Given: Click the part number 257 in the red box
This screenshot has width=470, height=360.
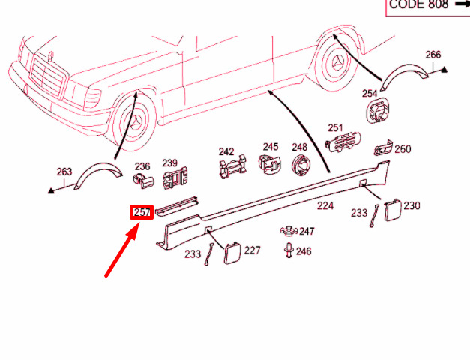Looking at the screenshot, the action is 142,212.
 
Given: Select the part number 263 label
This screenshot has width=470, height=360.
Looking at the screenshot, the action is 64,172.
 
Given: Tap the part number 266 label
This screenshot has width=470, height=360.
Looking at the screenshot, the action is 433,55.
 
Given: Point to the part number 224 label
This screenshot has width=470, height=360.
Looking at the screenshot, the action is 325,205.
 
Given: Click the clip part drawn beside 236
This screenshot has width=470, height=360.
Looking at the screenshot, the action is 144,181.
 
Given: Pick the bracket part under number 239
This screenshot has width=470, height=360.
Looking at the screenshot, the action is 175,178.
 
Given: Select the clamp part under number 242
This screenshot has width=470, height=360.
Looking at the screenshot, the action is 233,166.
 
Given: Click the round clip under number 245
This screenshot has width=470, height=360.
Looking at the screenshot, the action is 270,164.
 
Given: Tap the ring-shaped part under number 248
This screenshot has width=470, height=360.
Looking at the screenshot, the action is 301,165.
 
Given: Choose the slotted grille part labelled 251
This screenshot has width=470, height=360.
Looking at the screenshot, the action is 343,141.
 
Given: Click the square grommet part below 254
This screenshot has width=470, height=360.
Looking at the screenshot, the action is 378,109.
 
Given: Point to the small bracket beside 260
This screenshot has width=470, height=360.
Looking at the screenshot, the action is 383,148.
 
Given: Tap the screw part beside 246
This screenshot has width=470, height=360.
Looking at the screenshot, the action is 289,250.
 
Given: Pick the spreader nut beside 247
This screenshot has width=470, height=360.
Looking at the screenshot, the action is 289,231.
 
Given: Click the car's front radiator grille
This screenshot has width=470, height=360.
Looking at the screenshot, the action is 48,76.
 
